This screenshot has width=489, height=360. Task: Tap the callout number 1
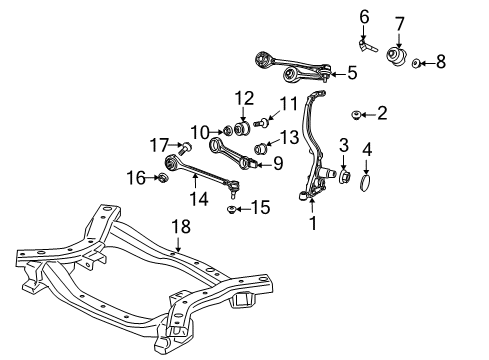313,223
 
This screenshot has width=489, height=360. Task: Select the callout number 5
351,72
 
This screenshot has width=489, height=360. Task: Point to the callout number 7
399,23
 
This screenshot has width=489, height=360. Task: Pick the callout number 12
245,98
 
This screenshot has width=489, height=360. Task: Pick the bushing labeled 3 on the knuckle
344,176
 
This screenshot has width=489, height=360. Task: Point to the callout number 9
278,162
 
